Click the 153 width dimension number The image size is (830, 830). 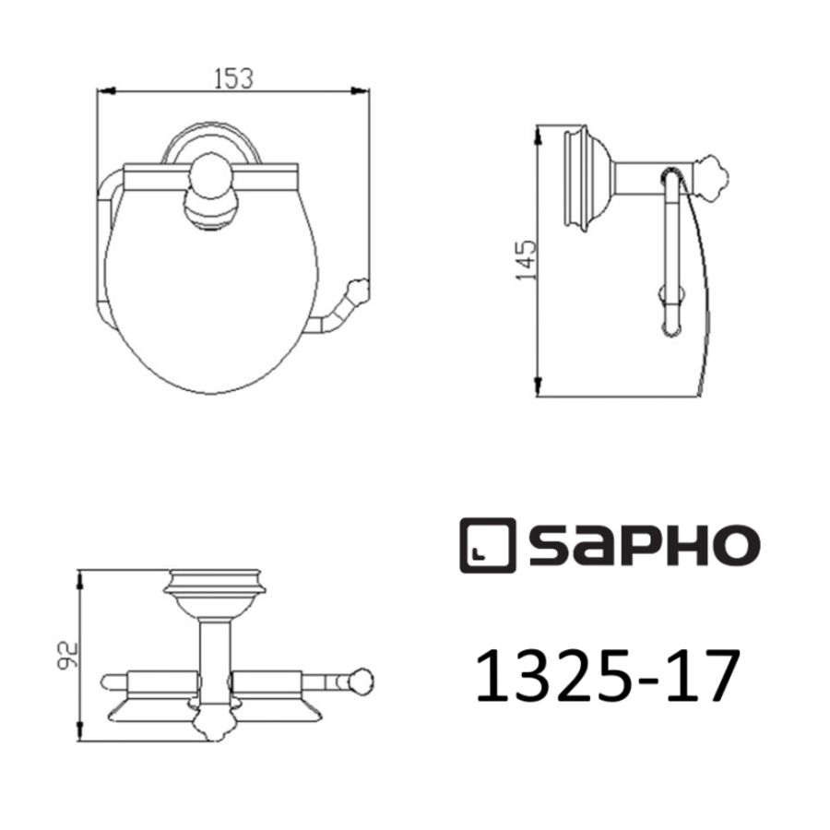[x=234, y=78]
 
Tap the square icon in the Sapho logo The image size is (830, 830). [x=486, y=546]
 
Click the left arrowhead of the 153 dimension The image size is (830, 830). [x=103, y=90]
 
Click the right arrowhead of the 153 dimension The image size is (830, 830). [x=362, y=90]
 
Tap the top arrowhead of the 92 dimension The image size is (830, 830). [x=83, y=576]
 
